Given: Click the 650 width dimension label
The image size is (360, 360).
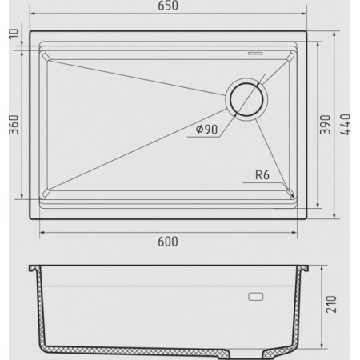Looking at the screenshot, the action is tap(168, 6).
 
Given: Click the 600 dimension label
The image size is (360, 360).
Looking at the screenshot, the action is tap(168, 242).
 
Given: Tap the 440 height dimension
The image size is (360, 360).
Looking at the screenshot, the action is tap(346, 125).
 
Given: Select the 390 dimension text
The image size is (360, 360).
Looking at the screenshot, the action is tap(325, 125).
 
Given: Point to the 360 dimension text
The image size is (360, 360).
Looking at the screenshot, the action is tap(14, 125).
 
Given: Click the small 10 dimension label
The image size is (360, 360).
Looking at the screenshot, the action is tap(14, 34).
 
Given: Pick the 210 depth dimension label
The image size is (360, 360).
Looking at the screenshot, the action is tap(331, 304).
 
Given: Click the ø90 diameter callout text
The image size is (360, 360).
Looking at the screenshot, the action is tap(206, 130).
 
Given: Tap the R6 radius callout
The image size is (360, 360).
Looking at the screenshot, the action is tap(262, 175).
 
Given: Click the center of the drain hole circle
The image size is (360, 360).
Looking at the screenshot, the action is tap(246, 99).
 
